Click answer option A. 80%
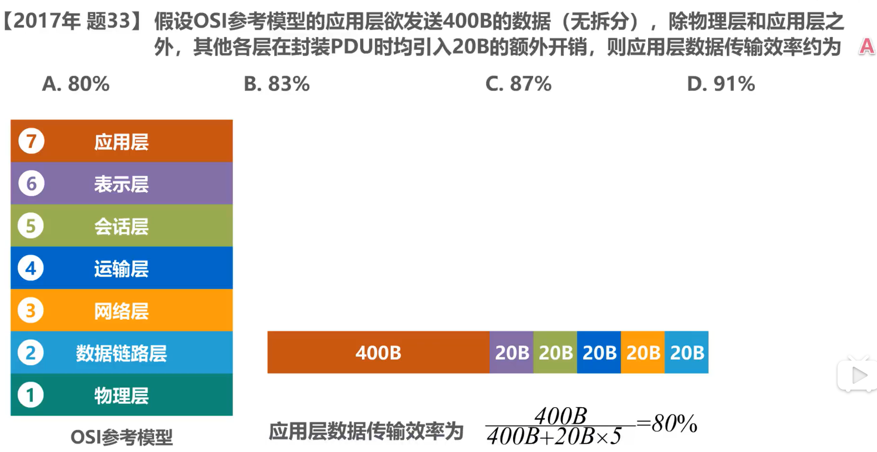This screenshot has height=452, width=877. click(76, 84)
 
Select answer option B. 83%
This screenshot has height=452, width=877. click(277, 84)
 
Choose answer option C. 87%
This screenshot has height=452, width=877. click(518, 84)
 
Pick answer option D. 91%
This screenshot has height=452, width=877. click(721, 84)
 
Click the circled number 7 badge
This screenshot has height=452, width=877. click(31, 141)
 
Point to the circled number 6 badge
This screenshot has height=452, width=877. click(31, 183)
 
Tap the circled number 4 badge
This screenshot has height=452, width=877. click(31, 268)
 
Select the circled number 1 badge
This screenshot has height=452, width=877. click(31, 395)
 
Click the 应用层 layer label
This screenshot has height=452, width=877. click(121, 142)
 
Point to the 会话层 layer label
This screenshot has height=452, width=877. click(121, 227)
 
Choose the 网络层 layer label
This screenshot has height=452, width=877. click(121, 311)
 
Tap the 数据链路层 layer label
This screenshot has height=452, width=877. click(121, 353)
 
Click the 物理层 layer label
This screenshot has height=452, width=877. click(121, 396)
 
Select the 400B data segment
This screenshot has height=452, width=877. click(379, 352)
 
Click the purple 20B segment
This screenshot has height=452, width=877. click(512, 352)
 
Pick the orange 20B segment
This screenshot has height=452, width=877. click(643, 352)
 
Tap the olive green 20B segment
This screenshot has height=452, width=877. click(556, 352)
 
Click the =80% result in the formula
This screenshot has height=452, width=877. click(667, 423)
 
